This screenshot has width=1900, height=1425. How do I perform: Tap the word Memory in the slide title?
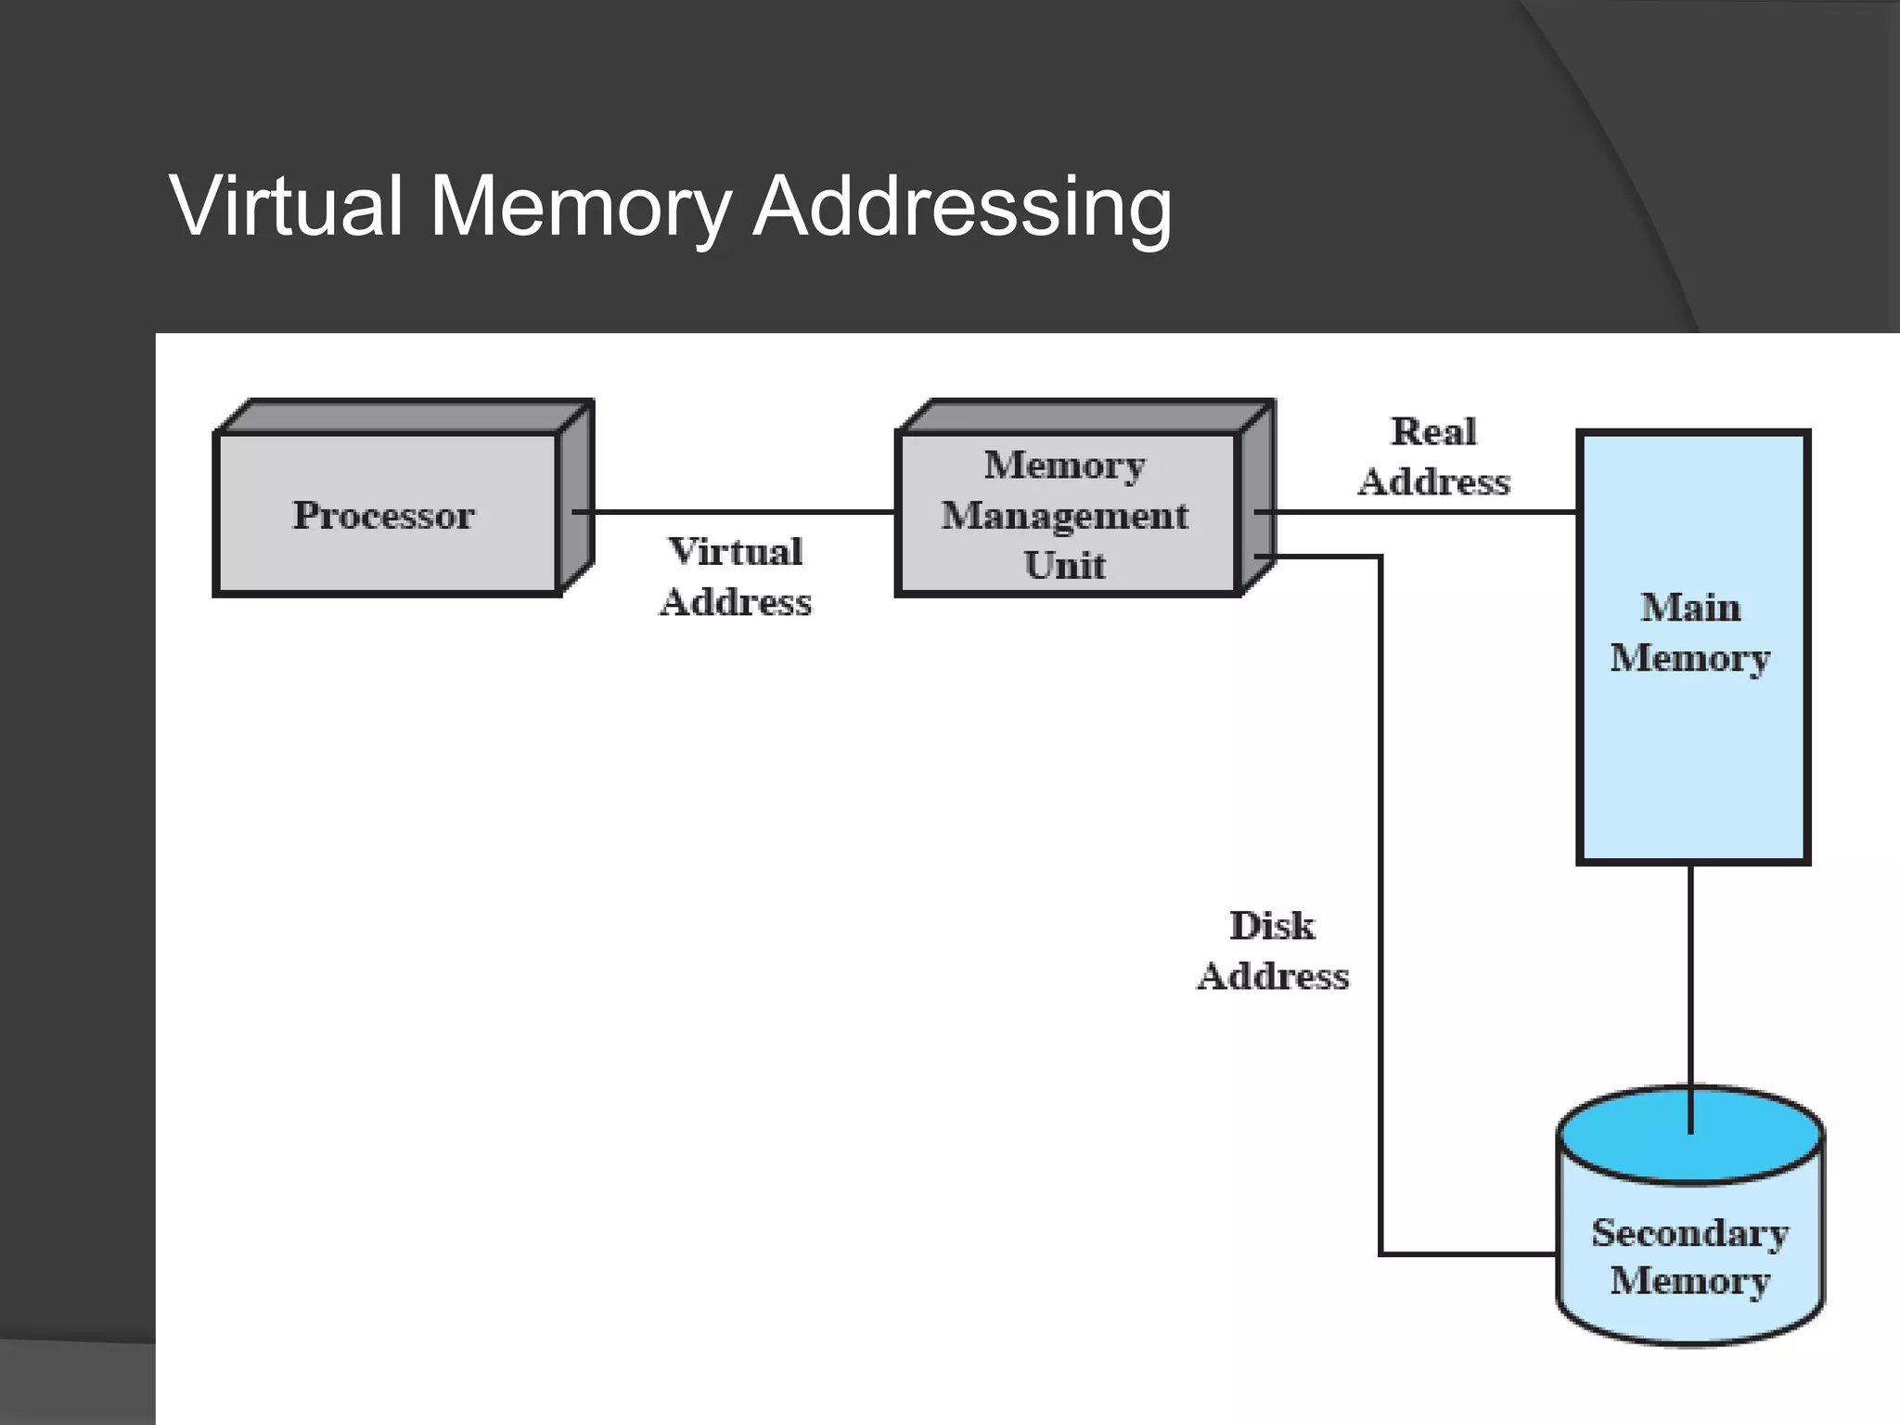pyautogui.click(x=581, y=208)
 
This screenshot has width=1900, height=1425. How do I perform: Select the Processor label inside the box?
pyautogui.click(x=383, y=516)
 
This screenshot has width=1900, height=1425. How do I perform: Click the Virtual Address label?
pyautogui.click(x=736, y=577)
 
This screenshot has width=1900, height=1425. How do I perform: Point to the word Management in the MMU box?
pyautogui.click(x=1064, y=516)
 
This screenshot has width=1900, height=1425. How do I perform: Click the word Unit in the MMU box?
pyautogui.click(x=1064, y=566)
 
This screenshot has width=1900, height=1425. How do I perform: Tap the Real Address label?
pyautogui.click(x=1434, y=456)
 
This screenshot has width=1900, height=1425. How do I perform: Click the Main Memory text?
pyautogui.click(x=1690, y=633)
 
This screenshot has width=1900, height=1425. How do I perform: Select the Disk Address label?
pyautogui.click(x=1273, y=951)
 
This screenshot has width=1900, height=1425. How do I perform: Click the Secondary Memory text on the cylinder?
pyautogui.click(x=1690, y=1256)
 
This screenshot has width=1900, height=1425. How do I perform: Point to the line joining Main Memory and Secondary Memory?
pyautogui.click(x=1690, y=974)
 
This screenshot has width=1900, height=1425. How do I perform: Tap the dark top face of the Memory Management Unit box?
pyautogui.click(x=1085, y=416)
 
